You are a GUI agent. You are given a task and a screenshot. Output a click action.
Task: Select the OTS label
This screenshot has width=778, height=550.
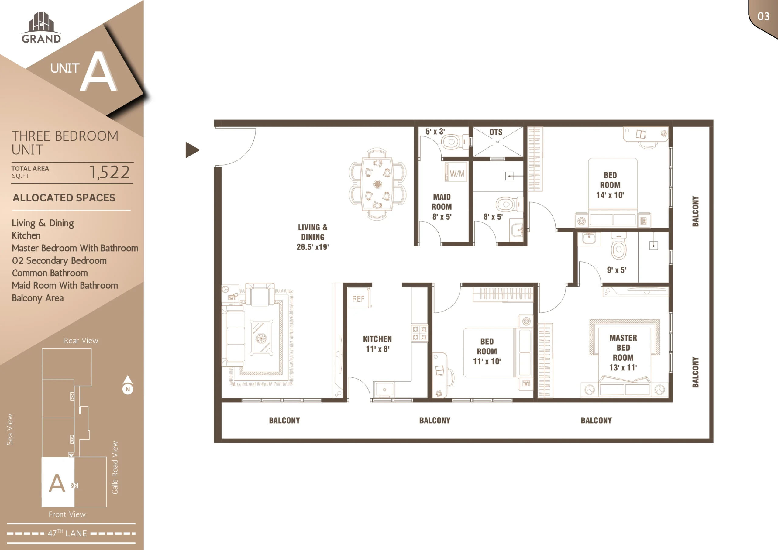[496, 132]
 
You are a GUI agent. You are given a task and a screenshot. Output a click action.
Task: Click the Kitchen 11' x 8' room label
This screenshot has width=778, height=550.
[377, 344]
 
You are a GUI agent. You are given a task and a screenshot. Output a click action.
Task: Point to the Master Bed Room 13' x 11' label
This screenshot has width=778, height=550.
[623, 352]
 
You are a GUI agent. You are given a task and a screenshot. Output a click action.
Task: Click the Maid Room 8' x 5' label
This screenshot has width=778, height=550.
[442, 207]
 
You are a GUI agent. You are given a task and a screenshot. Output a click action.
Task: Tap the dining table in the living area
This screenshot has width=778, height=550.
[377, 184]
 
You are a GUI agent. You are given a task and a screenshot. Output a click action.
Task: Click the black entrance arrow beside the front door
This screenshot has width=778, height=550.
[192, 150]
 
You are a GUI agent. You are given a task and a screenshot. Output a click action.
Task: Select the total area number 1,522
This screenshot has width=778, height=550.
[109, 172]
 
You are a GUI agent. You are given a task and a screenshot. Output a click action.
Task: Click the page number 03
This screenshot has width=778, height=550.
[763, 16]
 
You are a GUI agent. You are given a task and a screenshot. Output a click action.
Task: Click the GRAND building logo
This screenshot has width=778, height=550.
[41, 28]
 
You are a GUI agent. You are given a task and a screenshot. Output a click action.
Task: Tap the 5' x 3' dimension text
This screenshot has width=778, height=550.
[435, 132]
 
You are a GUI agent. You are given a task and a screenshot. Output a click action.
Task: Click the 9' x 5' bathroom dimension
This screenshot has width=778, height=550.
[617, 270]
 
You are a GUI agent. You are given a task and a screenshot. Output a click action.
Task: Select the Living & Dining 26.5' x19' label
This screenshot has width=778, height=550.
[313, 237]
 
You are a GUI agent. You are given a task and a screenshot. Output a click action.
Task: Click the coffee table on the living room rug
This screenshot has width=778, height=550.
[261, 338]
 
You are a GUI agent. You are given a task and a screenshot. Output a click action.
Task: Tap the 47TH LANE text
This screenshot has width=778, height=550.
[67, 533]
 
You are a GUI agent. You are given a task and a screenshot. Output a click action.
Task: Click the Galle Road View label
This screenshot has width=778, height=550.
[115, 468]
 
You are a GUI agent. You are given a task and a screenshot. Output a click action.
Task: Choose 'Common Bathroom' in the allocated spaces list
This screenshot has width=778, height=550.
[50, 273]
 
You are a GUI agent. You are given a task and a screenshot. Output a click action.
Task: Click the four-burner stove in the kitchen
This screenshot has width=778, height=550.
[419, 333]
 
